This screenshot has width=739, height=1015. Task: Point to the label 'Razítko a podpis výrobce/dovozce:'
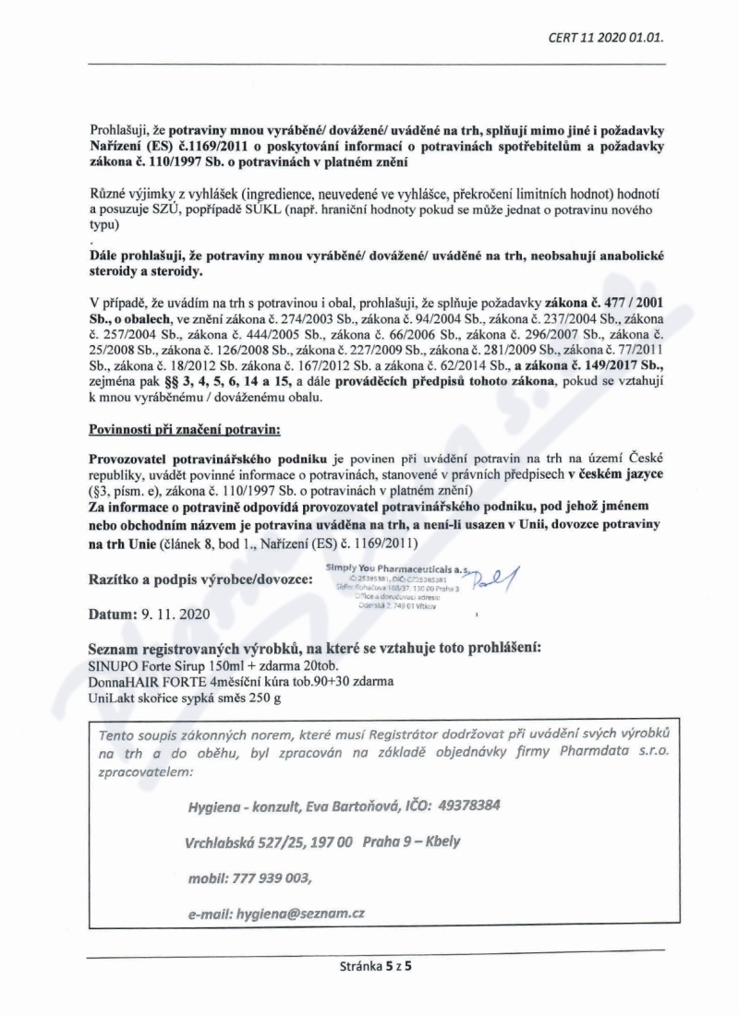[201, 579]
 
